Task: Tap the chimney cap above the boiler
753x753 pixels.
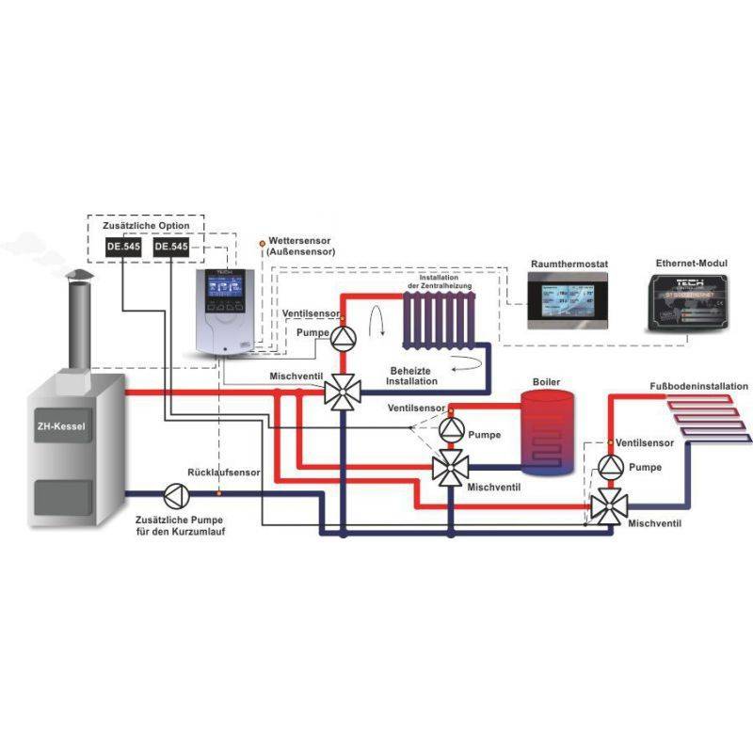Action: pyautogui.click(x=79, y=276)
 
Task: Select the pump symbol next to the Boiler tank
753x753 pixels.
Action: pyautogui.click(x=449, y=429)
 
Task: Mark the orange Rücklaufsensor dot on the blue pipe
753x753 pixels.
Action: pyautogui.click(x=218, y=491)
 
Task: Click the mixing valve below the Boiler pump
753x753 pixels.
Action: pyautogui.click(x=449, y=467)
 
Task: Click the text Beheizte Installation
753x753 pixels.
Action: pyautogui.click(x=413, y=376)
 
